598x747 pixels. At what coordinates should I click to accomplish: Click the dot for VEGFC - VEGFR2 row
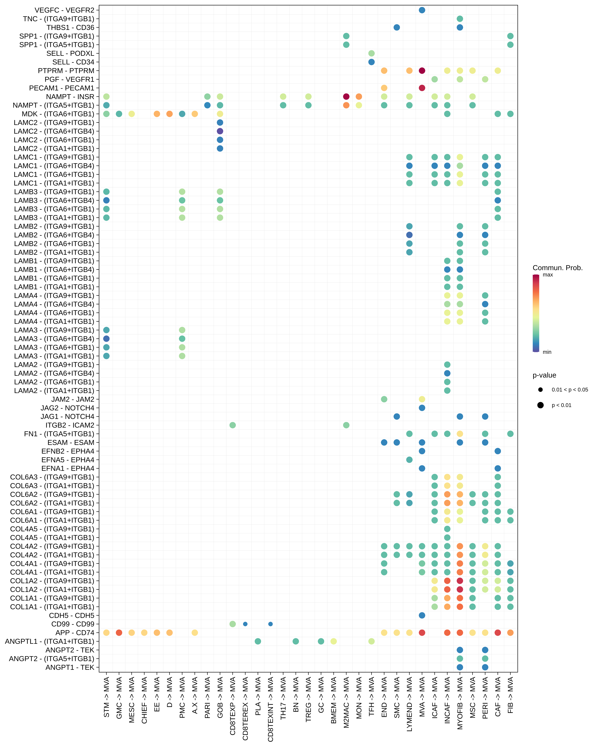point(422,10)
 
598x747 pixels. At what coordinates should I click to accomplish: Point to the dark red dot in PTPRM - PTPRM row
point(422,71)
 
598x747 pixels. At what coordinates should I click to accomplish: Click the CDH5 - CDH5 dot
point(422,615)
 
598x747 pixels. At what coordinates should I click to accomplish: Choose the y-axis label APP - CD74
point(75,633)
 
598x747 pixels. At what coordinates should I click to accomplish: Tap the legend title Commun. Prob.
point(558,268)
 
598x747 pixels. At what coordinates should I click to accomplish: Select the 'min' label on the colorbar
point(547,352)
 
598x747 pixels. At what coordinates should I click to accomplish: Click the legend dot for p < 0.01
point(540,405)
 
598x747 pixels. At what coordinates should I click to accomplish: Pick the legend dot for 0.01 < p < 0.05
point(540,390)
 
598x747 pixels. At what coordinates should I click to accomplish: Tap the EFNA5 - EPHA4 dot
point(409,460)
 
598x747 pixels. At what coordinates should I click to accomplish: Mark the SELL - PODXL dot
point(371,53)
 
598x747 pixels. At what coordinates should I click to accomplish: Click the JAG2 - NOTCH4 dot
point(422,408)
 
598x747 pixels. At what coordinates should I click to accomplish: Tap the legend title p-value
point(544,375)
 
